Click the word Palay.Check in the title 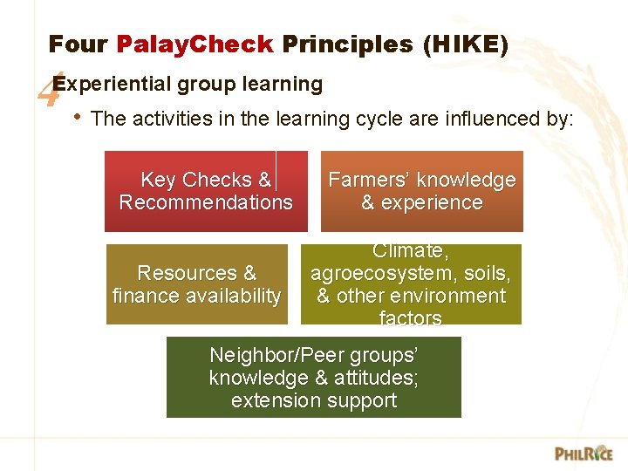[195, 44]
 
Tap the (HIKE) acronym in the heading [465, 44]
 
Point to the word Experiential [111, 85]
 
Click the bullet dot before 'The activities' [78, 117]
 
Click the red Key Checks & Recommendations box [206, 191]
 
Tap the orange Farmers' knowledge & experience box [421, 191]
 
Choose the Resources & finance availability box [196, 284]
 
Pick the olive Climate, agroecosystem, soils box [410, 284]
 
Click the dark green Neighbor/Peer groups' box [313, 378]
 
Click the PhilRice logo [584, 453]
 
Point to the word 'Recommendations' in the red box [206, 203]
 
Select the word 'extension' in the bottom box [272, 401]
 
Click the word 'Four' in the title [78, 44]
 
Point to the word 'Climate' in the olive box [410, 251]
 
